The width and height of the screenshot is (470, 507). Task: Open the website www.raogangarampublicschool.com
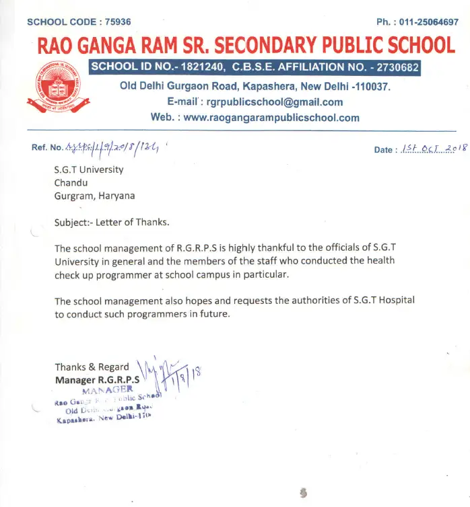tap(271, 118)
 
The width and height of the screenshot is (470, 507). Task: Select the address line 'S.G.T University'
tap(89, 169)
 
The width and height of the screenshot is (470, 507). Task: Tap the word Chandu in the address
tap(71, 183)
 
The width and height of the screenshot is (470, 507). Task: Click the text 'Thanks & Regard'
tap(92, 367)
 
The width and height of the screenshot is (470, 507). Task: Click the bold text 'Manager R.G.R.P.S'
tap(97, 380)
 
